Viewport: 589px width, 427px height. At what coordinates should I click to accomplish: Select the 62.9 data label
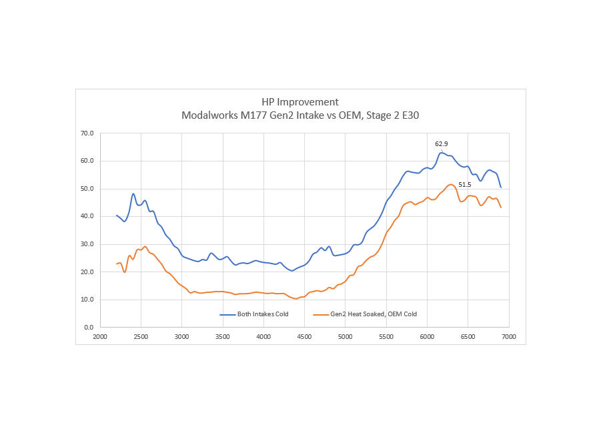click(442, 143)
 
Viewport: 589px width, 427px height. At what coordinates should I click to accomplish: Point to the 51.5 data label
click(465, 175)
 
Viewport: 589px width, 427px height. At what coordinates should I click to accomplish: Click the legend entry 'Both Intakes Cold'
click(263, 314)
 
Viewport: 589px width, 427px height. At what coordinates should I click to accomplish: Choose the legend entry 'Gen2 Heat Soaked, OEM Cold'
click(374, 314)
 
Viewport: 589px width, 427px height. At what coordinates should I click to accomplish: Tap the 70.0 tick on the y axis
click(87, 133)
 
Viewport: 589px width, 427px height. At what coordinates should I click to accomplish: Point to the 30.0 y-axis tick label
click(87, 244)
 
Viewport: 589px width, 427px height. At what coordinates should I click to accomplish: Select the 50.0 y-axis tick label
click(87, 189)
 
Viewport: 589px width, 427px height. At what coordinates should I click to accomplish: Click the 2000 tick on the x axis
click(100, 337)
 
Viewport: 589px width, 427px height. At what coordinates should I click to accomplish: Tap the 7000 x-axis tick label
click(509, 337)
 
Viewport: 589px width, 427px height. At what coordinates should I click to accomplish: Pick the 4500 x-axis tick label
click(304, 337)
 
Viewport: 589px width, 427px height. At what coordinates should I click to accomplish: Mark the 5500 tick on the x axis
click(386, 337)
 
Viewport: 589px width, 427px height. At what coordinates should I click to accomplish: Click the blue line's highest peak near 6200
click(441, 153)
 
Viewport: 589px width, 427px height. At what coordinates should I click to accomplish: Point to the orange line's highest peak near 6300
click(452, 184)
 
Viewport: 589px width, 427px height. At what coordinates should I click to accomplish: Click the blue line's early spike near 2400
click(133, 194)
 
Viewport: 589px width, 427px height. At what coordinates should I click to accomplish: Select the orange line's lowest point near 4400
click(296, 298)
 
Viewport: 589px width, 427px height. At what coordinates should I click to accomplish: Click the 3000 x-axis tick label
click(181, 337)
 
